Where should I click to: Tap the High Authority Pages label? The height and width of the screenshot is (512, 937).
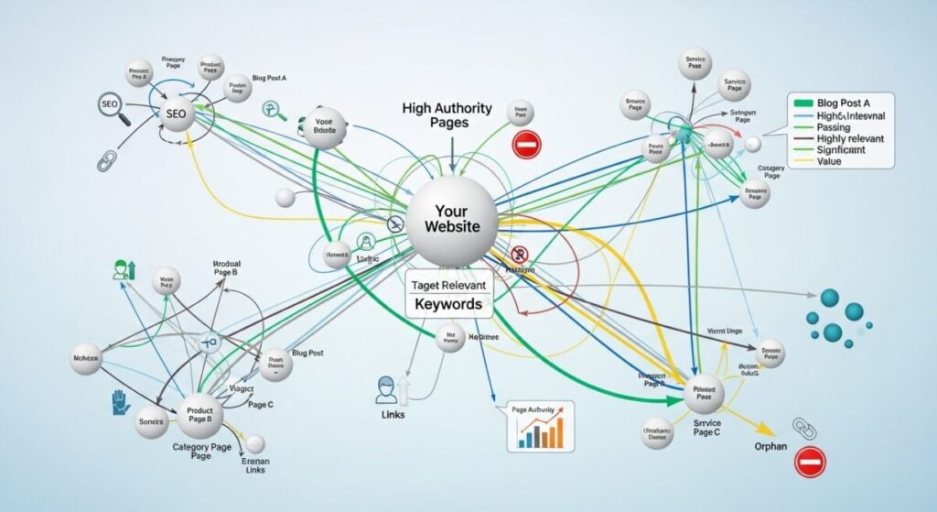(447, 114)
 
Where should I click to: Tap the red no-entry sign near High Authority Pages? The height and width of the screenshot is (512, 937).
(527, 144)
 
